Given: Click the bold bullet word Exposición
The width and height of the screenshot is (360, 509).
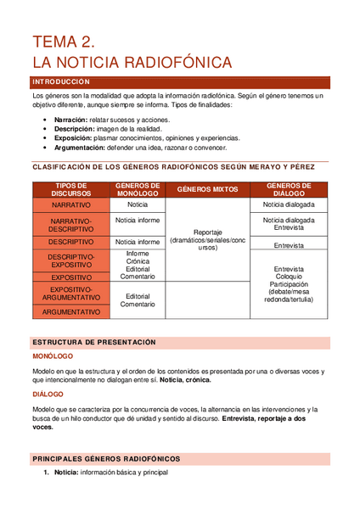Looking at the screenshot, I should point(74,137).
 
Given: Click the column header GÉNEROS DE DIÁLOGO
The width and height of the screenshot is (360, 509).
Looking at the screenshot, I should point(289,189).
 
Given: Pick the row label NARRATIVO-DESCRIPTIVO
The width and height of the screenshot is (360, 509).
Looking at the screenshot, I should point(71,225).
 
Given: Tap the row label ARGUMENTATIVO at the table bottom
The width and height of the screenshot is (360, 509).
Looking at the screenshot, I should point(71,312).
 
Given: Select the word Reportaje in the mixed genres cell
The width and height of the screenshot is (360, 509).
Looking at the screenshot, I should point(207,231).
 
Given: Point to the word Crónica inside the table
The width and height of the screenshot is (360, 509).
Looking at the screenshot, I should point(138,261).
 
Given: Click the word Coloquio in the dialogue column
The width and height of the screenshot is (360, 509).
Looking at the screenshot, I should point(289,277).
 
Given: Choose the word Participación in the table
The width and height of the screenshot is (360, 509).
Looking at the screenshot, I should point(289,284).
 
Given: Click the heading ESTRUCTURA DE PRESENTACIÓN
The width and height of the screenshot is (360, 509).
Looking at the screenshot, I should point(94,342).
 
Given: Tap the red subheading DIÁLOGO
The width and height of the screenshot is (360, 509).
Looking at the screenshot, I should point(48,394).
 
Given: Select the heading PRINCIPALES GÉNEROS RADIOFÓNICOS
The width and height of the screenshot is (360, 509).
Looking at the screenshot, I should point(106,458).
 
